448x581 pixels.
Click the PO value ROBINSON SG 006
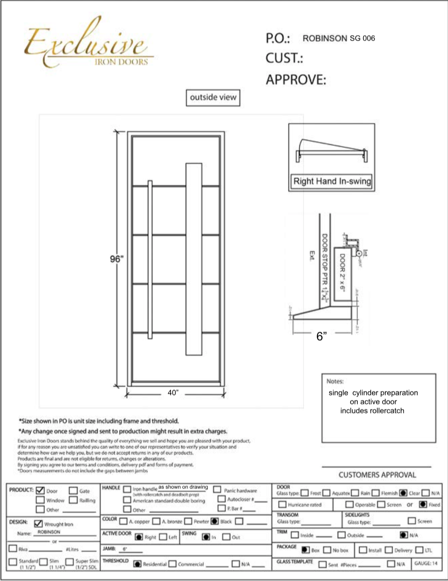(339, 38)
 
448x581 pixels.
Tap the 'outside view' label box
(213, 97)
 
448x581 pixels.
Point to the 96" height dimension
(116, 259)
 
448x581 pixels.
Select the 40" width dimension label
(173, 393)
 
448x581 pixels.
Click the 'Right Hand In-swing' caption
(332, 181)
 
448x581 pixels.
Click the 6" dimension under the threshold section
(321, 336)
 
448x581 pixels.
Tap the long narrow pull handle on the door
(150, 259)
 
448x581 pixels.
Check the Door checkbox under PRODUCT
(40, 490)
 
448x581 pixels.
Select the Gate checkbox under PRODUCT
(73, 490)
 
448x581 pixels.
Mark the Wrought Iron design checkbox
(38, 523)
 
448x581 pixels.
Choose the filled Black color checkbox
(215, 521)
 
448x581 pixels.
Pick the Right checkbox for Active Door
(138, 537)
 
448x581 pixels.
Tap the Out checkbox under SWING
(226, 537)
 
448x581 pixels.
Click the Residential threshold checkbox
(137, 564)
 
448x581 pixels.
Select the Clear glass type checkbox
(403, 493)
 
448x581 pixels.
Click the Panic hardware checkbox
(217, 490)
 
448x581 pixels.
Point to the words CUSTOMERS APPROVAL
(377, 475)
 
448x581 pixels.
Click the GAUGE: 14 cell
(426, 563)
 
